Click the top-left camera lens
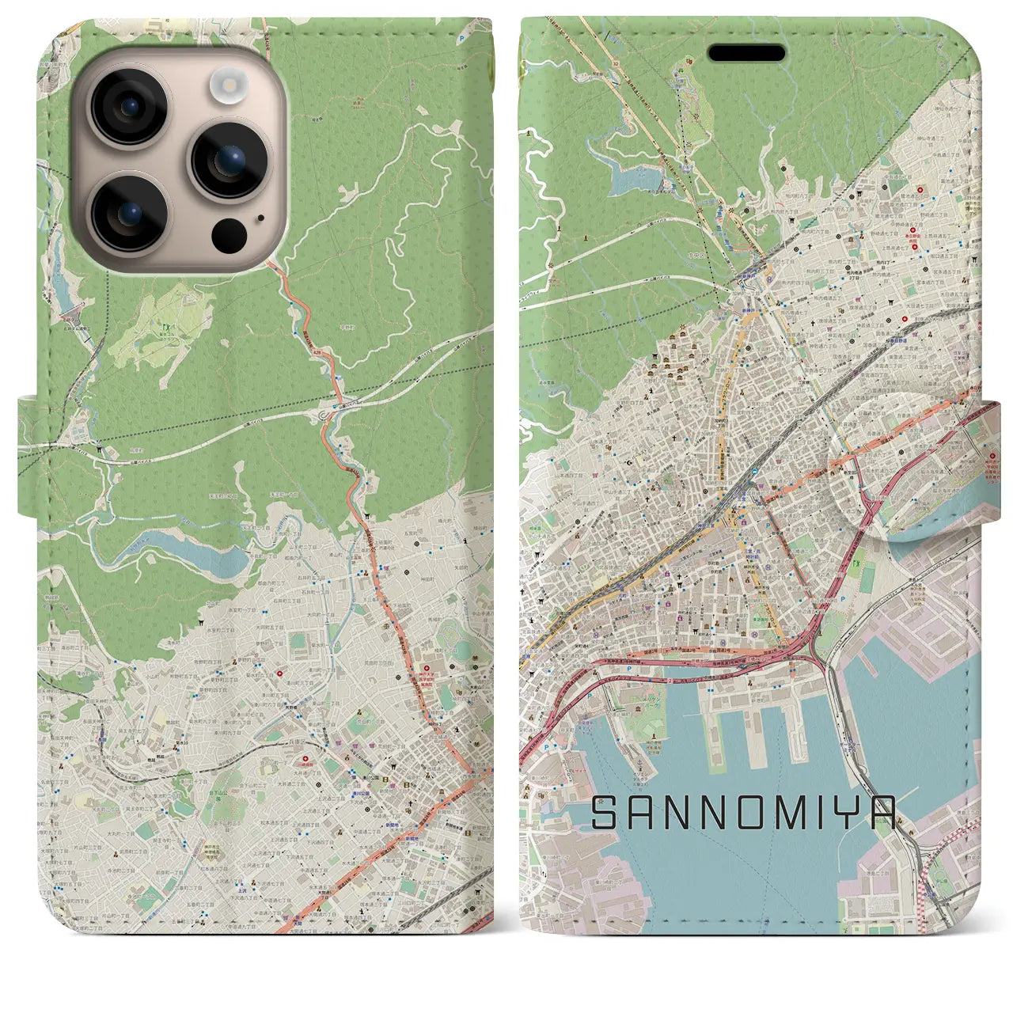click(128, 106)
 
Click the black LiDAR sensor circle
click(229, 234)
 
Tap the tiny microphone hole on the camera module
click(260, 216)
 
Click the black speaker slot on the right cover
click(746, 53)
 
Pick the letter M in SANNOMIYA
click(765, 814)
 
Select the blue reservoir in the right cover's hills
click(625, 178)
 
